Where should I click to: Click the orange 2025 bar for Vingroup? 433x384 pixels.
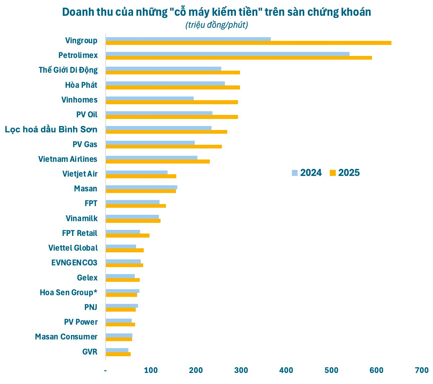point(248,43)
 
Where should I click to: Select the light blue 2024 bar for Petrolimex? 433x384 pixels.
point(228,54)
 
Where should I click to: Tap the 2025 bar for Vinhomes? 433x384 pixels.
point(172,102)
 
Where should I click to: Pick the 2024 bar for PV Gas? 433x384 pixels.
point(150,143)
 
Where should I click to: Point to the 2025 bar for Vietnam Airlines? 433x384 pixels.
point(158,162)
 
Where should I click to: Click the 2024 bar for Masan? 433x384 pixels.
point(141,187)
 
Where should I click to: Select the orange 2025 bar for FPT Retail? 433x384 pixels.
point(127,236)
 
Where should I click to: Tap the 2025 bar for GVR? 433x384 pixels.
point(118,354)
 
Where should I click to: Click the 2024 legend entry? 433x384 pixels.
point(307,173)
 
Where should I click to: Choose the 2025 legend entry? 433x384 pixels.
point(345,173)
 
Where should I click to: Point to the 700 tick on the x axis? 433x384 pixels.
point(421,370)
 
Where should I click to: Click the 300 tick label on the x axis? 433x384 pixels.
point(241,370)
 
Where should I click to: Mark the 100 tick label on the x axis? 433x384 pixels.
point(151,370)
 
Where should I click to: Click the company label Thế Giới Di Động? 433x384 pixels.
point(68,70)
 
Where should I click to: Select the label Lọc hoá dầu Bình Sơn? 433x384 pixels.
point(51,130)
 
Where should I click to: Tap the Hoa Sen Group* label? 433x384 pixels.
point(68,293)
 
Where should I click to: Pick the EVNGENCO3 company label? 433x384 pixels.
point(74,263)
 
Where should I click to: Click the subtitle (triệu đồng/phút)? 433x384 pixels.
point(216,25)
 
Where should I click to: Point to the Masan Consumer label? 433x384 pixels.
point(66,337)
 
